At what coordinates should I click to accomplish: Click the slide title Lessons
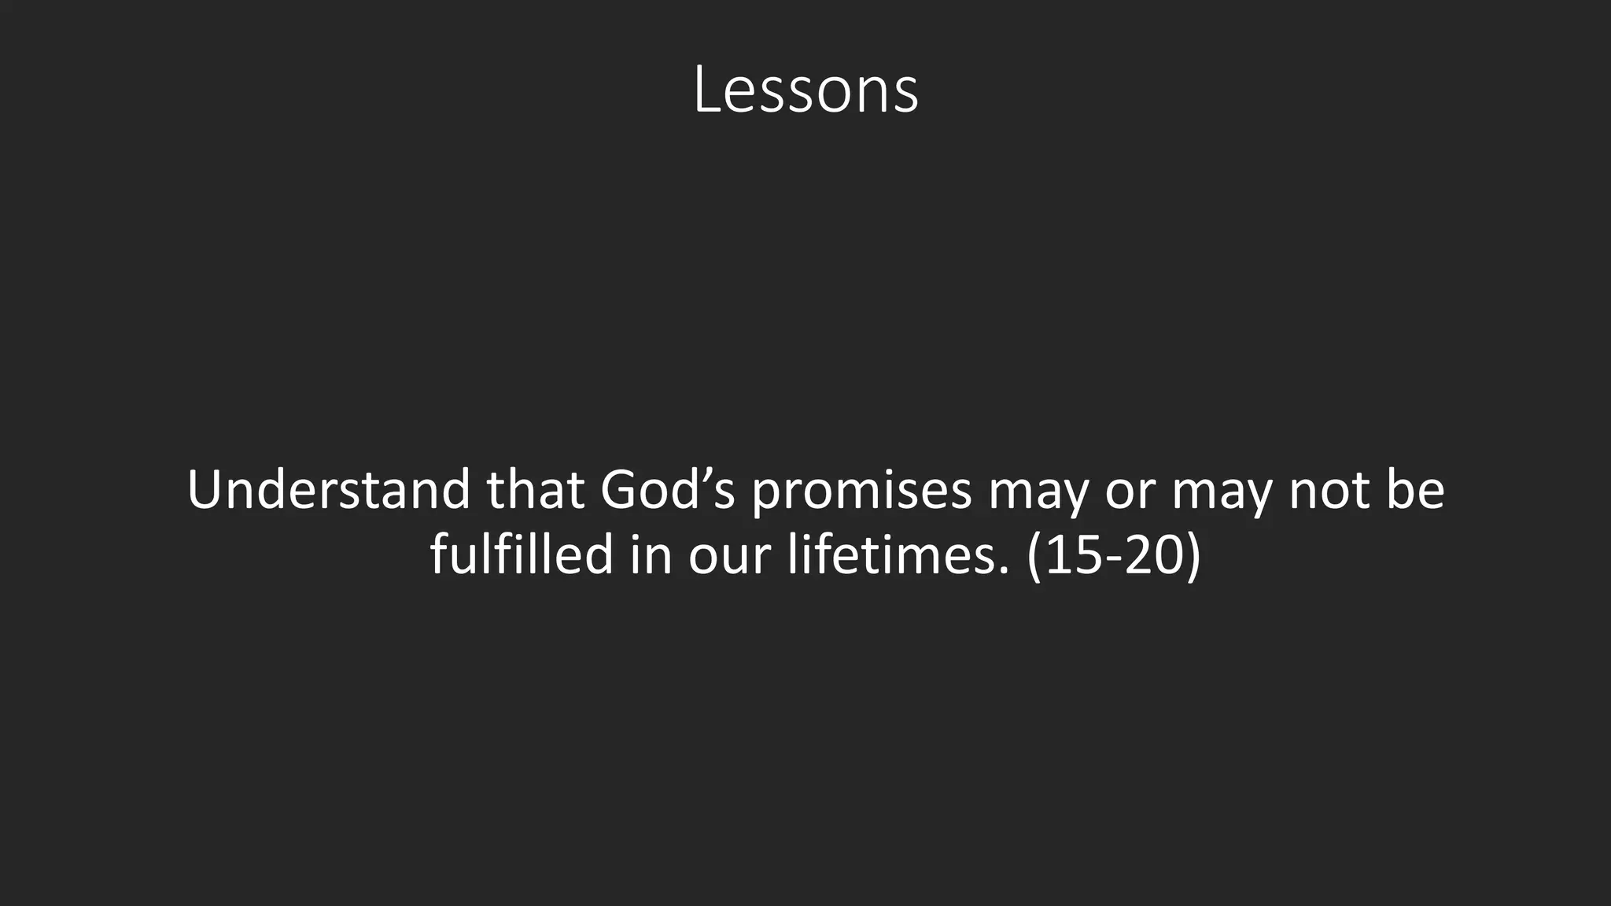[805, 91]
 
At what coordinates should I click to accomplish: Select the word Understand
[328, 489]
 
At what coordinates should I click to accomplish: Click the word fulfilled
[522, 554]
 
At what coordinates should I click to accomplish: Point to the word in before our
[651, 554]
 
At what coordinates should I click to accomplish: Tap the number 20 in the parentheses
[1153, 555]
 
